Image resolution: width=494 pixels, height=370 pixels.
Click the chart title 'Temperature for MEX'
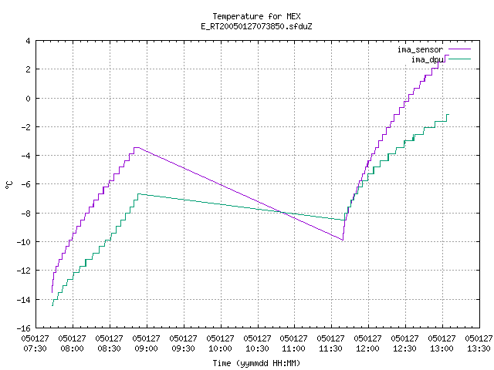256,16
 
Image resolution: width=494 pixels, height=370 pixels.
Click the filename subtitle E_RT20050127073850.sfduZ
256,26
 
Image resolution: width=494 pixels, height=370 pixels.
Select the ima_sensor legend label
420,49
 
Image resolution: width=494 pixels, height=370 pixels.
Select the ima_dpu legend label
428,59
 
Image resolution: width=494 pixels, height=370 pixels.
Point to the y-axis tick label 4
29,41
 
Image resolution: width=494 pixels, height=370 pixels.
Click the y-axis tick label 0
29,99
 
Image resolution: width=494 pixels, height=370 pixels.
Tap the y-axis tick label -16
24,328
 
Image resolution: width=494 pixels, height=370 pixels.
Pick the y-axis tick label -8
25,214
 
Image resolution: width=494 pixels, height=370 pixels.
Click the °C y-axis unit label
9,185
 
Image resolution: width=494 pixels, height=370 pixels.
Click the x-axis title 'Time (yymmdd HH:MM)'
256,363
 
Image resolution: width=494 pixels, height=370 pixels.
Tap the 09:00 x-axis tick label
147,344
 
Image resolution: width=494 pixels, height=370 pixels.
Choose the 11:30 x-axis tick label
331,344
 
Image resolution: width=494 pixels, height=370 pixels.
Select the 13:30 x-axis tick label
479,344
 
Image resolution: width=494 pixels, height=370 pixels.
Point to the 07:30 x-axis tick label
36,344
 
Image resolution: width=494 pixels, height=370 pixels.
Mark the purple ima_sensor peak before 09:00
137,147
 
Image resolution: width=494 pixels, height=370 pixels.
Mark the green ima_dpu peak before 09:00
139,194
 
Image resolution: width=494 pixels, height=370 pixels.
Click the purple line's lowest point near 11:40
343,240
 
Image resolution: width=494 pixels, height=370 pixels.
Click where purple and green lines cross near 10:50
282,213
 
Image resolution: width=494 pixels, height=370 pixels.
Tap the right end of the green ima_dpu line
448,115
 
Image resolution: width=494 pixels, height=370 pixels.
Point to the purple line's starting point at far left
52,292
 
